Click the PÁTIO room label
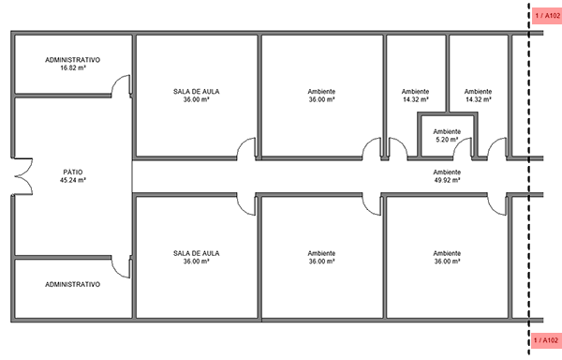tap(73, 172)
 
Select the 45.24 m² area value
tap(73, 180)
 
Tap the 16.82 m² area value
tap(73, 67)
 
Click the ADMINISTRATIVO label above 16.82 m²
tap(73, 60)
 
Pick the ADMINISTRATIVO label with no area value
tap(73, 284)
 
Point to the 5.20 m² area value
tap(447, 140)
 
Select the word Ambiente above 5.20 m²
tap(447, 131)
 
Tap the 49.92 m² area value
tap(447, 180)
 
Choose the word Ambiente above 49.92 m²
tap(447, 172)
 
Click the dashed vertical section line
tap(528, 179)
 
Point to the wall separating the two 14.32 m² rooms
tap(448, 73)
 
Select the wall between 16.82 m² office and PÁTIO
tap(63, 96)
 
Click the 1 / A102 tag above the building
tap(547, 16)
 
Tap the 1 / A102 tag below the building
tap(546, 340)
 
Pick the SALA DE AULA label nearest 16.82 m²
tap(197, 92)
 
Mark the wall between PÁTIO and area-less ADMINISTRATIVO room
tap(63, 258)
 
